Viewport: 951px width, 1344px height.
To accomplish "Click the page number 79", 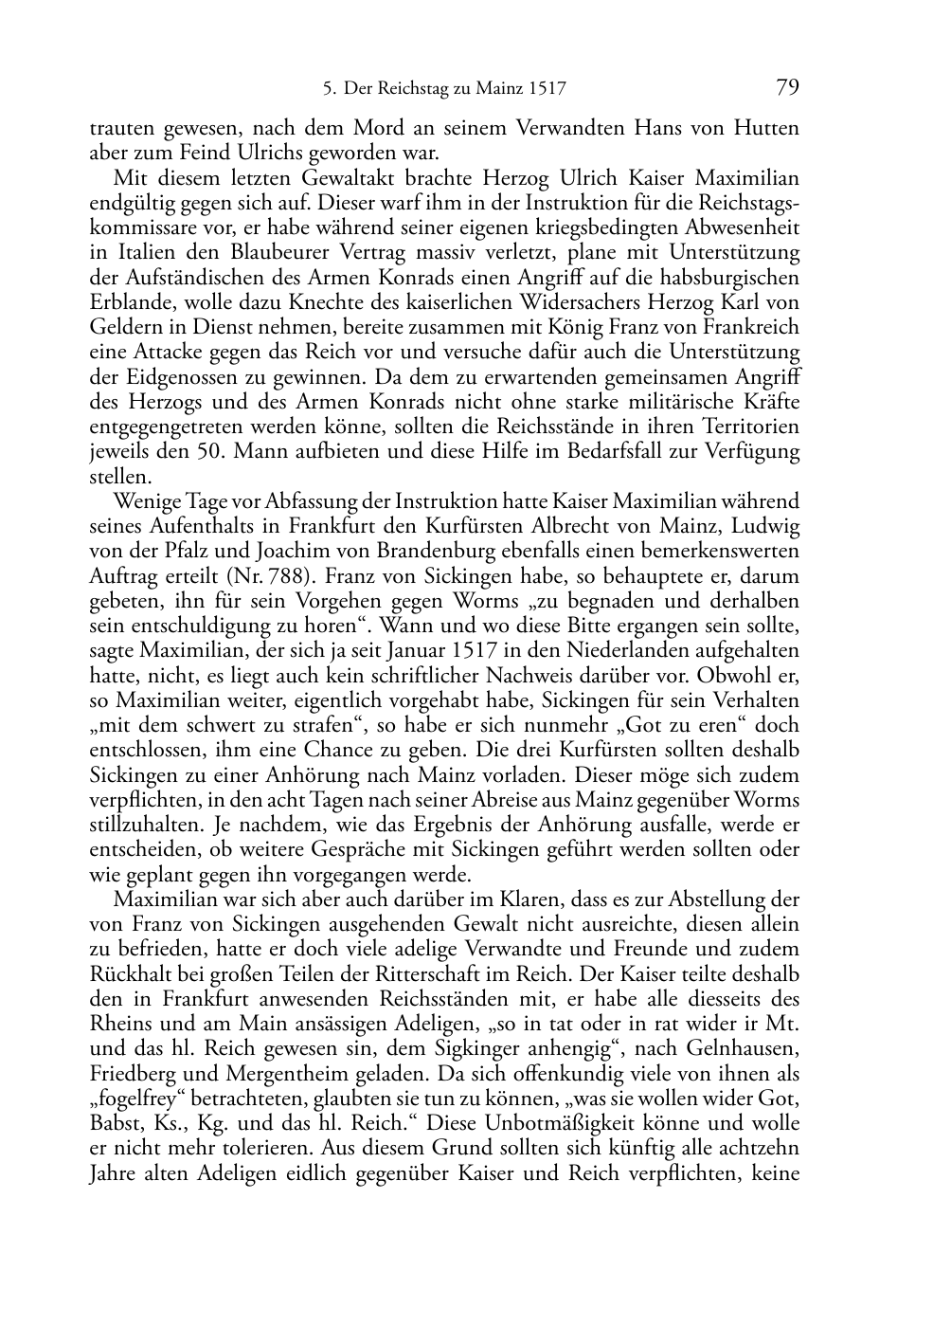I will coord(787,88).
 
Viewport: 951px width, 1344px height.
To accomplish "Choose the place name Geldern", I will coord(123,328).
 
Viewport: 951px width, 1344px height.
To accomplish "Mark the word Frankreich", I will coord(752,328).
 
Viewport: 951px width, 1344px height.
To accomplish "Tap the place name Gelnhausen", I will coord(741,1049).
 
